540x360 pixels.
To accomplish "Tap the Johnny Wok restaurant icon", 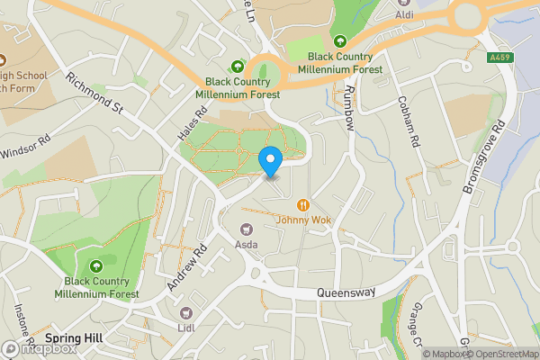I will [x=304, y=203].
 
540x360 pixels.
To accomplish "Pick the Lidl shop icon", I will [x=187, y=312].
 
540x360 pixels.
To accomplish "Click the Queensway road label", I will [x=345, y=293].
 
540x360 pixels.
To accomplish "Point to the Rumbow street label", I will [x=351, y=108].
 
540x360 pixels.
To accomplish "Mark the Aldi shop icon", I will [x=404, y=3].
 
